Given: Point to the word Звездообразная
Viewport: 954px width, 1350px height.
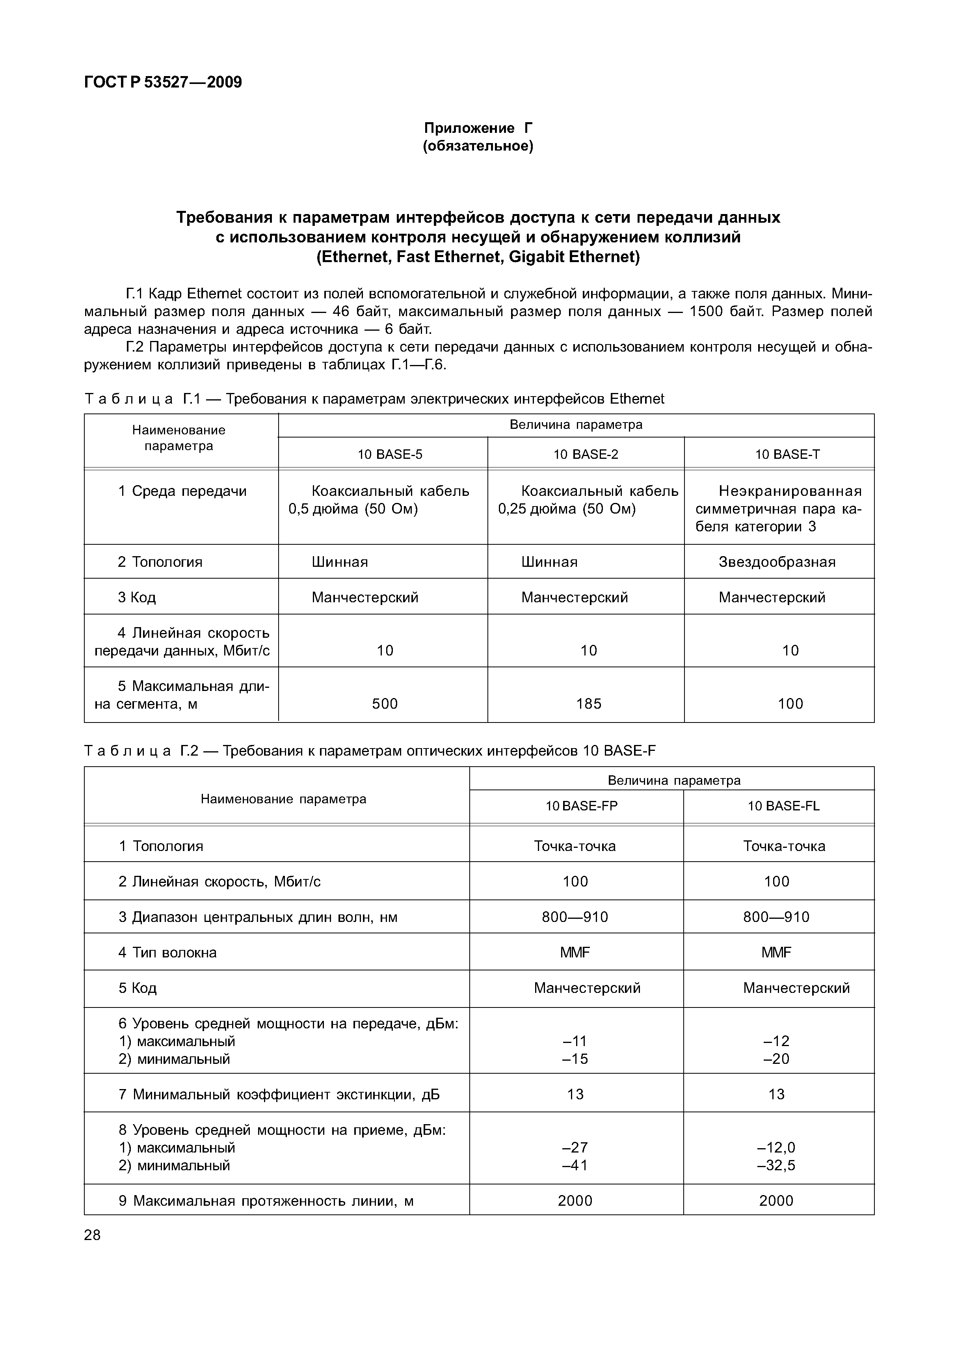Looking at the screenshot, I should pyautogui.click(x=777, y=562).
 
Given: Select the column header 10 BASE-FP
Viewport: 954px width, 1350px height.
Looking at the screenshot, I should pyautogui.click(x=581, y=806).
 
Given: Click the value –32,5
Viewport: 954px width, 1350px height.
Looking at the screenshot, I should pyautogui.click(x=776, y=1165).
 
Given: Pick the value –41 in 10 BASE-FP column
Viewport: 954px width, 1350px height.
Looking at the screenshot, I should pyautogui.click(x=575, y=1165).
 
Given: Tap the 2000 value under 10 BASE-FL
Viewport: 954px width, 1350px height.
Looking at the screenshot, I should pyautogui.click(x=776, y=1200).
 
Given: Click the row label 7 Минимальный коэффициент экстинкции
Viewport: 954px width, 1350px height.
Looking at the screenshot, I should pyautogui.click(x=279, y=1094).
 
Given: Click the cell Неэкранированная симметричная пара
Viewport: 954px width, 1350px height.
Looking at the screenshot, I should pyautogui.click(x=778, y=508).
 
